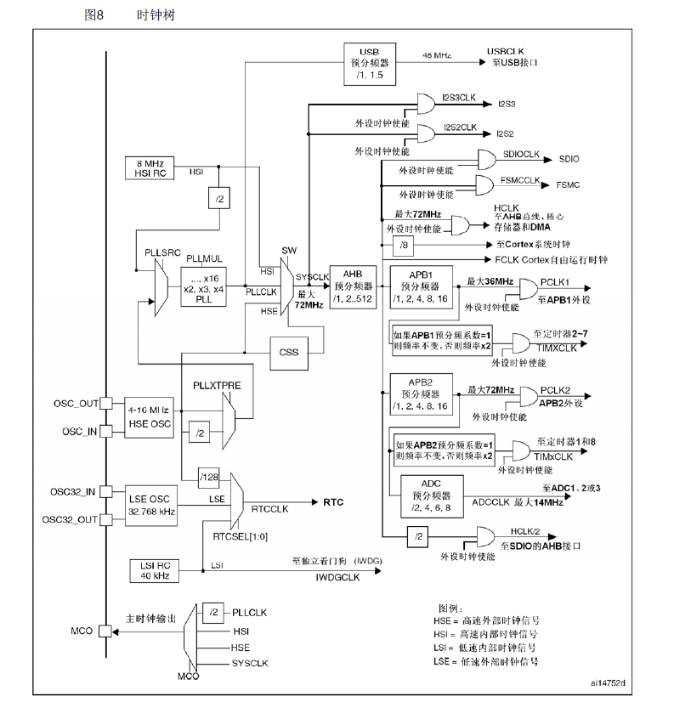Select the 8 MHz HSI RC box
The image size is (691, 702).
[x=150, y=167]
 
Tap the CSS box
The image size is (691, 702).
[x=287, y=351]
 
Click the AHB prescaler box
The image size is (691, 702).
[x=353, y=286]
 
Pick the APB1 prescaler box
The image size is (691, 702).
[x=419, y=287]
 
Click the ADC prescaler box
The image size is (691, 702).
[x=431, y=495]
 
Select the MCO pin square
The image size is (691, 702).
[x=105, y=631]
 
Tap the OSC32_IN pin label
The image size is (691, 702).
[x=73, y=491]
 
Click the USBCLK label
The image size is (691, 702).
[x=506, y=51]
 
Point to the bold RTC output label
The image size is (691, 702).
[x=334, y=501]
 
